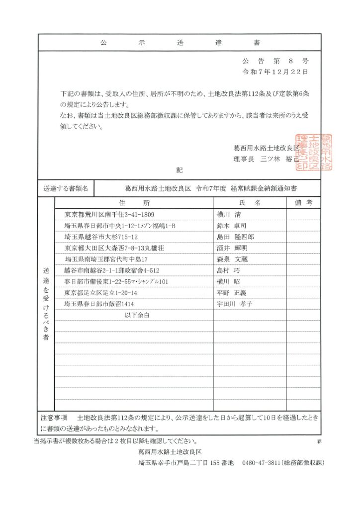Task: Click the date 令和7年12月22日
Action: pos(274,72)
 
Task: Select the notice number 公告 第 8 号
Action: pos(275,61)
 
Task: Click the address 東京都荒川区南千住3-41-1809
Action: pos(110,215)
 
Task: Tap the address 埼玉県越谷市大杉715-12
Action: pos(101,237)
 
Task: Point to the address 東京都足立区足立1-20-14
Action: pos(101,292)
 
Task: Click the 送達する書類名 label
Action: pos(65,188)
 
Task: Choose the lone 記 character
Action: pos(179,170)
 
